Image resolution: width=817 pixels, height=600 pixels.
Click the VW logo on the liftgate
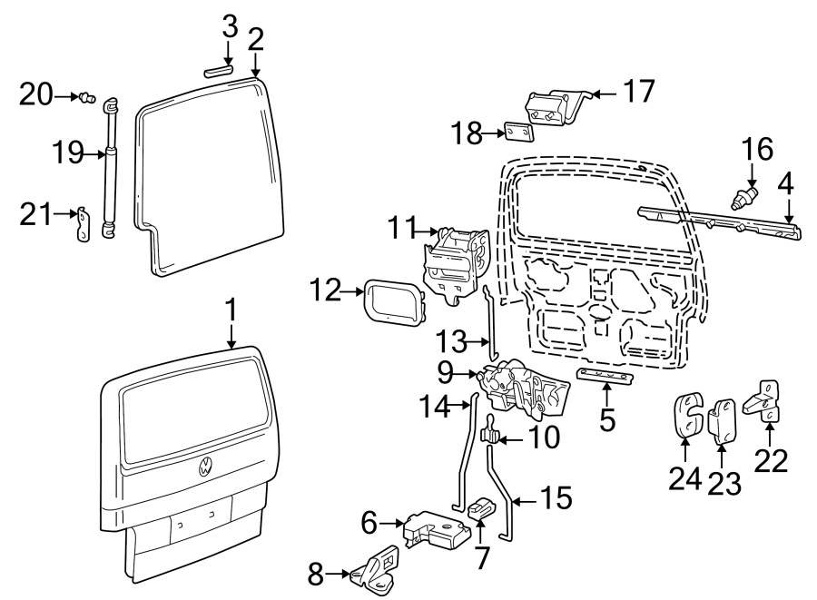[x=206, y=468]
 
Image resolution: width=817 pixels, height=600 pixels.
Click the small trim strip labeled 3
[x=218, y=69]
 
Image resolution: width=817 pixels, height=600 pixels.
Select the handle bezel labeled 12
[x=394, y=302]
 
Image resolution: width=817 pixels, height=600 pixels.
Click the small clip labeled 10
[x=488, y=437]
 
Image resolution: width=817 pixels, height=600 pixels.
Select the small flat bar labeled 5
[x=605, y=377]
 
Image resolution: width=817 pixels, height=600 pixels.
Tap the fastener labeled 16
[x=747, y=196]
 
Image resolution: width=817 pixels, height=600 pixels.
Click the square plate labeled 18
[x=519, y=133]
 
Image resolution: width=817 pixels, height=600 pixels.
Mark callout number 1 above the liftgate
[x=231, y=311]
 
